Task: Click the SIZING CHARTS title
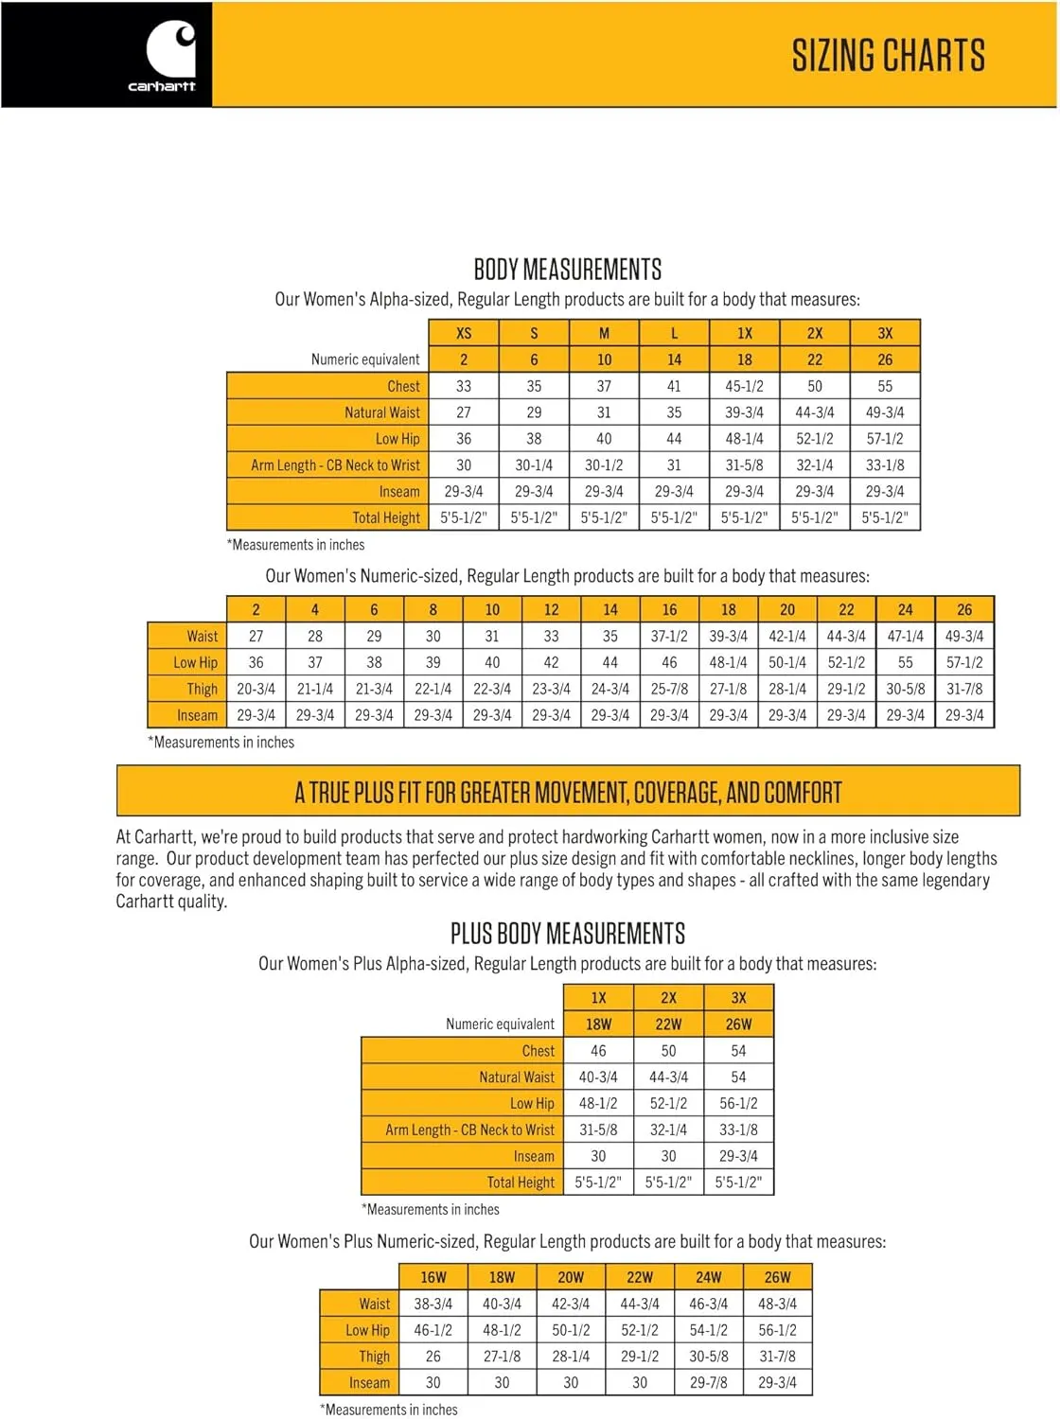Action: (x=888, y=56)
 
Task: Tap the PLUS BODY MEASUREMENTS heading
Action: (x=567, y=934)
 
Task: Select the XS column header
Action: (x=464, y=333)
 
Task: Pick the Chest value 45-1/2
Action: (x=745, y=386)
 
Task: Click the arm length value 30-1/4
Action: (x=534, y=465)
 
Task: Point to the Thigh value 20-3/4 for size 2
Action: (x=256, y=690)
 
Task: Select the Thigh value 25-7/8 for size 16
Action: (x=669, y=690)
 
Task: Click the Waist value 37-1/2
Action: (x=669, y=637)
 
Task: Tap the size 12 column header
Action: (x=551, y=610)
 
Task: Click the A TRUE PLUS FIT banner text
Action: (x=568, y=792)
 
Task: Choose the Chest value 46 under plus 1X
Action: (x=598, y=1051)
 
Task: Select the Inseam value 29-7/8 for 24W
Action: (x=709, y=1383)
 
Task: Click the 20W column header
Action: (x=571, y=1277)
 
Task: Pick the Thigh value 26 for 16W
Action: (x=433, y=1357)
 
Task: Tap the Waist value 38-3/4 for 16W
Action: (x=433, y=1304)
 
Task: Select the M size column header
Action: (x=604, y=333)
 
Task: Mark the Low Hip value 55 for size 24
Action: (x=905, y=663)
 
